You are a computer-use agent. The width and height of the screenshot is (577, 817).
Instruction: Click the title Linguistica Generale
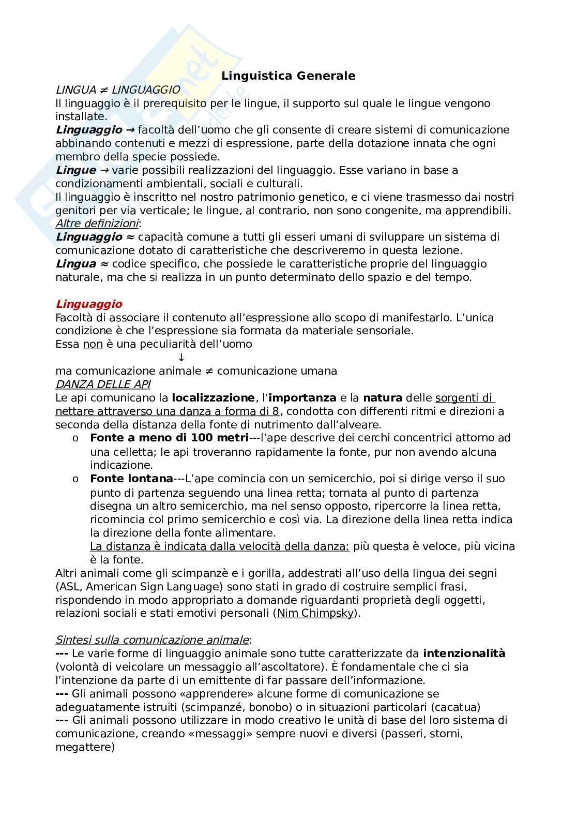288,76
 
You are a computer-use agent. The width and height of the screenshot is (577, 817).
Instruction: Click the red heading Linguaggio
89,304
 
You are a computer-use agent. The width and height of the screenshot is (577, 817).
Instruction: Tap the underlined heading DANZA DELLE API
103,384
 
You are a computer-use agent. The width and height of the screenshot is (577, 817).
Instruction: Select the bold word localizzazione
214,398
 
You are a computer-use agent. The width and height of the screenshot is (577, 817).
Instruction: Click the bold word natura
383,398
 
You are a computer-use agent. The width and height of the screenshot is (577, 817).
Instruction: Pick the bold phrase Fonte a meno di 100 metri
170,438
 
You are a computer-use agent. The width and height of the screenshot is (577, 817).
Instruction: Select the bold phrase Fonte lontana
131,479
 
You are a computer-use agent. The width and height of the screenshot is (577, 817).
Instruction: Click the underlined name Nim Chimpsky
315,614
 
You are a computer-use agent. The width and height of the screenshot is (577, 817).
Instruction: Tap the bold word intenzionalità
464,653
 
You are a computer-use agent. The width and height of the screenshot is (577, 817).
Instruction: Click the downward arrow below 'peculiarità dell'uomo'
181,358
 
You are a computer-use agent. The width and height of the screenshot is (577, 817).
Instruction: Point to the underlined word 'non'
93,344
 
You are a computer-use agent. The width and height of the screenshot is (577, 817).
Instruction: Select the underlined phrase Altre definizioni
97,224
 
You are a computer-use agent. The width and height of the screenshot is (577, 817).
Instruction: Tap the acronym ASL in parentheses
69,587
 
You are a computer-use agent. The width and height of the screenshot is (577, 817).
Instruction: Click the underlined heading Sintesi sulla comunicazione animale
152,640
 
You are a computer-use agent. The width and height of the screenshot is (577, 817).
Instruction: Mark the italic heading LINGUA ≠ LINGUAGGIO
118,90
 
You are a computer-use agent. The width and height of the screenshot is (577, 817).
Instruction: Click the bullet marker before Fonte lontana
75,479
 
